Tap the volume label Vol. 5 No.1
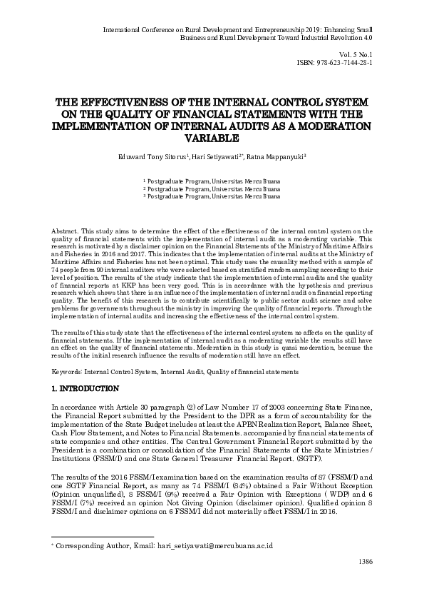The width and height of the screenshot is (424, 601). (x=358, y=54)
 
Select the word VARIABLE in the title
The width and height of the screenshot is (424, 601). (x=212, y=138)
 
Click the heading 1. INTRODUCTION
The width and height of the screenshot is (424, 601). (x=85, y=389)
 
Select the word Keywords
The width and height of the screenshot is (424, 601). (x=69, y=372)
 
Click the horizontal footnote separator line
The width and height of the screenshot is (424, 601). (x=103, y=536)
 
